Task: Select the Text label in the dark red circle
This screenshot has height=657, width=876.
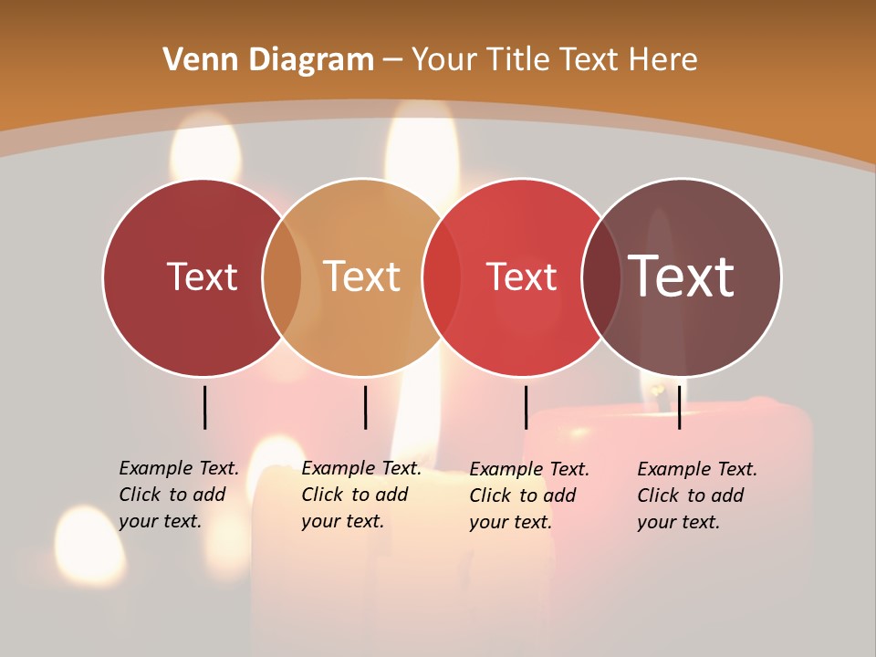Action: pyautogui.click(x=202, y=276)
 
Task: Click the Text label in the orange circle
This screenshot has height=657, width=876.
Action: pyautogui.click(x=362, y=276)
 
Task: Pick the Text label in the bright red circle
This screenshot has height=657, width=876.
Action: pyautogui.click(x=522, y=276)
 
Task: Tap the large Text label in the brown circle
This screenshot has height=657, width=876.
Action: pyautogui.click(x=682, y=276)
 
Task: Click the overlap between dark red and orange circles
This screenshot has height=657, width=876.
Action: pyautogui.click(x=282, y=277)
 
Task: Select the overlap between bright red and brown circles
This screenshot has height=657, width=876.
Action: pyautogui.click(x=601, y=277)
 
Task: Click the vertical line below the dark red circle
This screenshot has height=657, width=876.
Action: pyautogui.click(x=204, y=407)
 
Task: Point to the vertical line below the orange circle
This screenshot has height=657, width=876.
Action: pyautogui.click(x=365, y=407)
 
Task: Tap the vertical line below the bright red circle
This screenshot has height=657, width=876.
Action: pyautogui.click(x=526, y=407)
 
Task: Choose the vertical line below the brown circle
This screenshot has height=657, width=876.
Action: pyautogui.click(x=679, y=407)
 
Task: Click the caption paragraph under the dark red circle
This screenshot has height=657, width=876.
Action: pyautogui.click(x=178, y=495)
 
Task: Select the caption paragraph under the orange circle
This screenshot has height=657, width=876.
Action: pyautogui.click(x=360, y=495)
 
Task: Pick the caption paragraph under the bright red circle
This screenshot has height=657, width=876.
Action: pyautogui.click(x=528, y=495)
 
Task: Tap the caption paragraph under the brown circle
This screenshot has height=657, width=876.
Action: pyautogui.click(x=696, y=495)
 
